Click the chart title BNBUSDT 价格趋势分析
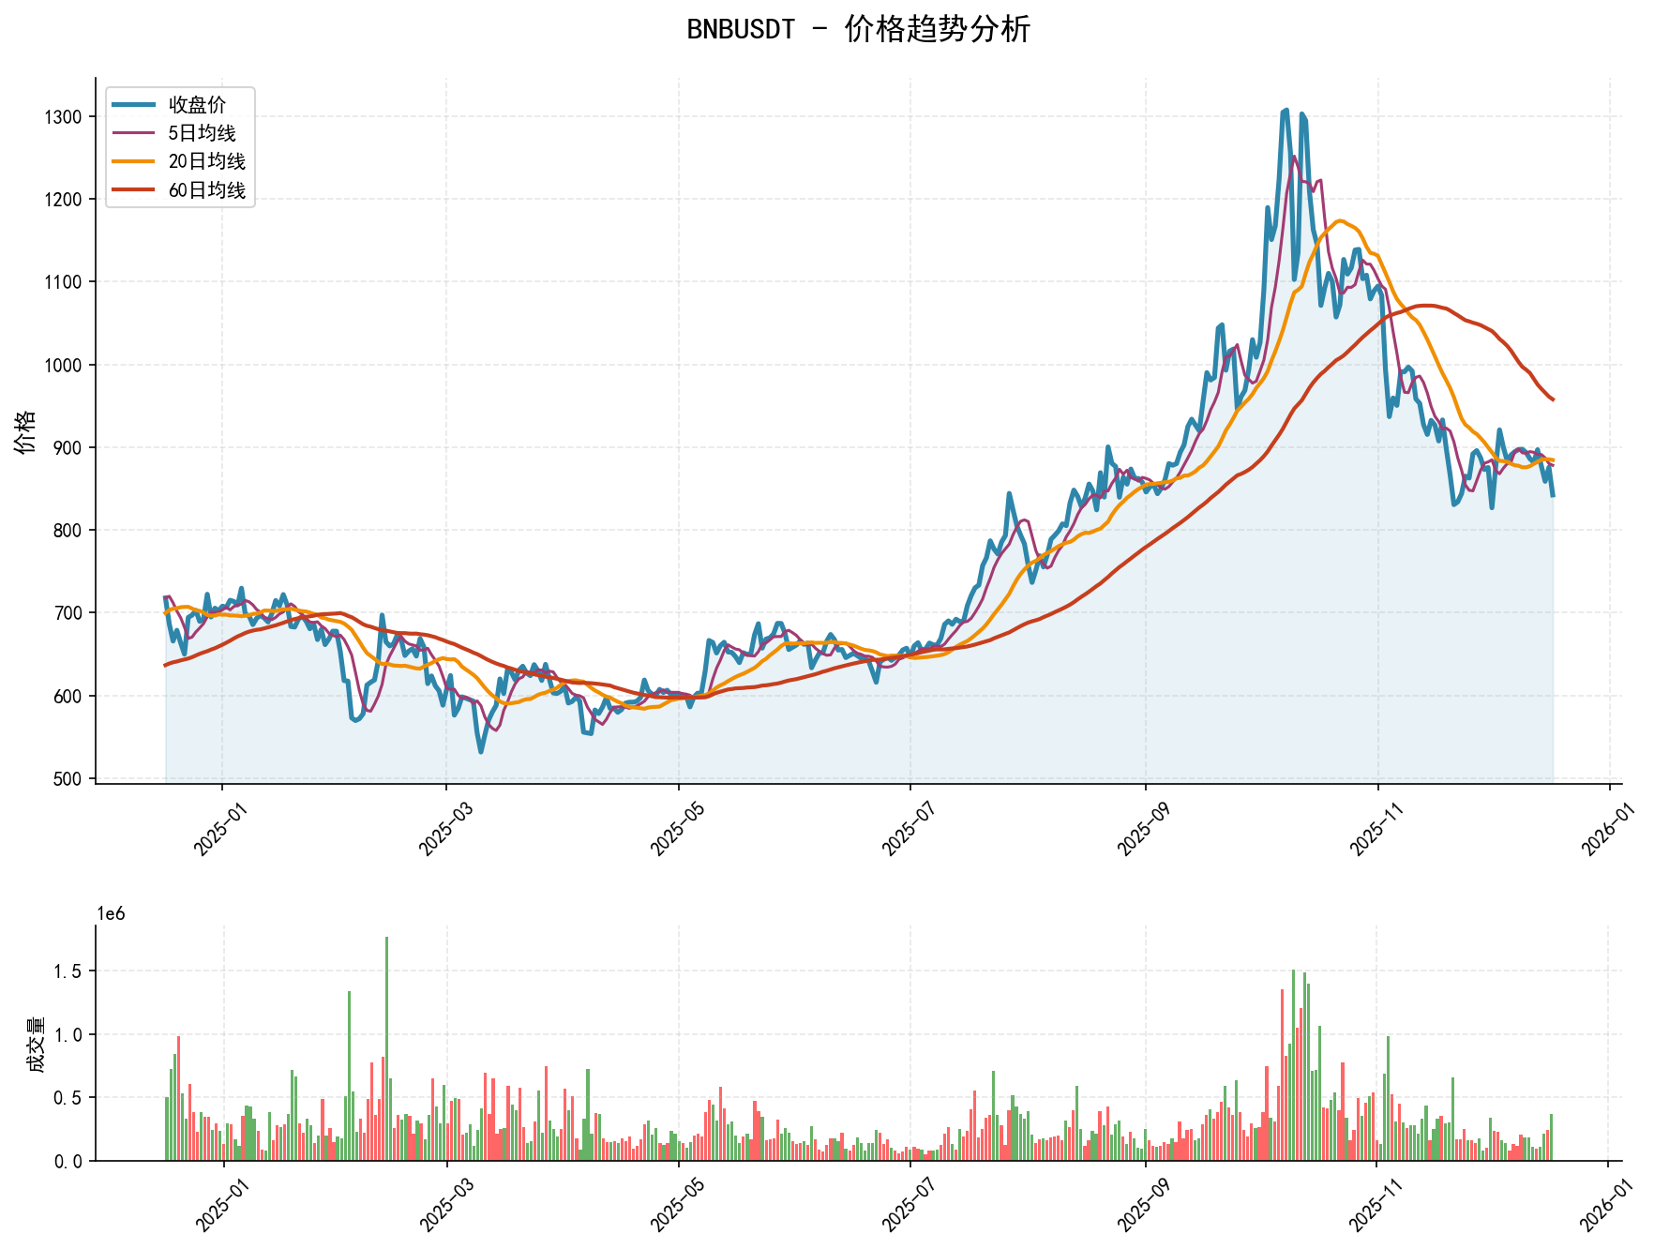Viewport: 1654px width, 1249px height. pyautogui.click(x=858, y=29)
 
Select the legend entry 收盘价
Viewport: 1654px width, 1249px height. pyautogui.click(x=197, y=105)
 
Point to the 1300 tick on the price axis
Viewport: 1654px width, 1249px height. pyautogui.click(x=63, y=117)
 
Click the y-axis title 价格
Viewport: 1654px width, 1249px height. pyautogui.click(x=25, y=431)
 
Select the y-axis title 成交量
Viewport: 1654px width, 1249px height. pyautogui.click(x=36, y=1044)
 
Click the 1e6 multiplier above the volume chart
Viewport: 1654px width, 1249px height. pyautogui.click(x=112, y=914)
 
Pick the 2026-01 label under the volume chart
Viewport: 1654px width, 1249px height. pyautogui.click(x=1601, y=1201)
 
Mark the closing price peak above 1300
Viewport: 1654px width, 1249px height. pyautogui.click(x=1286, y=111)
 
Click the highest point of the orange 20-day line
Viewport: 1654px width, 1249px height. pyautogui.click(x=1341, y=221)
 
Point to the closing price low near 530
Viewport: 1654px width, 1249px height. pyautogui.click(x=481, y=751)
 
